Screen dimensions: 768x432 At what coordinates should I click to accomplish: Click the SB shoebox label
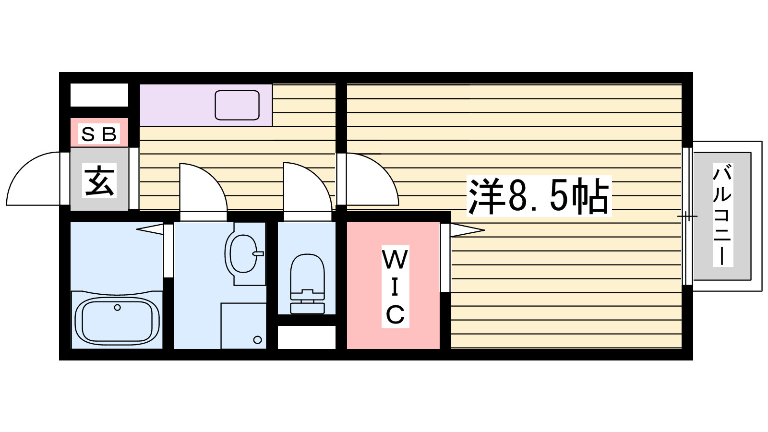pos(99,134)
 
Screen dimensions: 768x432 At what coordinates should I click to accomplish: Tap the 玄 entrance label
pos(99,180)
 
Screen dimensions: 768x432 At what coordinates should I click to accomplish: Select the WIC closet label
pos(395,287)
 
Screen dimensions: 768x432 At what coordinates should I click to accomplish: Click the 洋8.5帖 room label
pos(539,196)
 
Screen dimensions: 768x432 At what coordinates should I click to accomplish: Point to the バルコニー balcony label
pos(722,216)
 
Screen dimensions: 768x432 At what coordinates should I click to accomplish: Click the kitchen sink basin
pos(237,105)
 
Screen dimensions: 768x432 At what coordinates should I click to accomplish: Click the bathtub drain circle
pos(117,308)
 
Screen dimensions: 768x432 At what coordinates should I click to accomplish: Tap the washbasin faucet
pos(258,254)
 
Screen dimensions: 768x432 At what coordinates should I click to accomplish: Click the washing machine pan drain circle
pos(257,340)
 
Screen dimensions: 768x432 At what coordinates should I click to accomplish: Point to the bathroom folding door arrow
pos(150,228)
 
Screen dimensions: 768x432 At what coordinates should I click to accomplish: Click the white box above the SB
pos(99,95)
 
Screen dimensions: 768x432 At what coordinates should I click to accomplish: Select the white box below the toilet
pos(307,337)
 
